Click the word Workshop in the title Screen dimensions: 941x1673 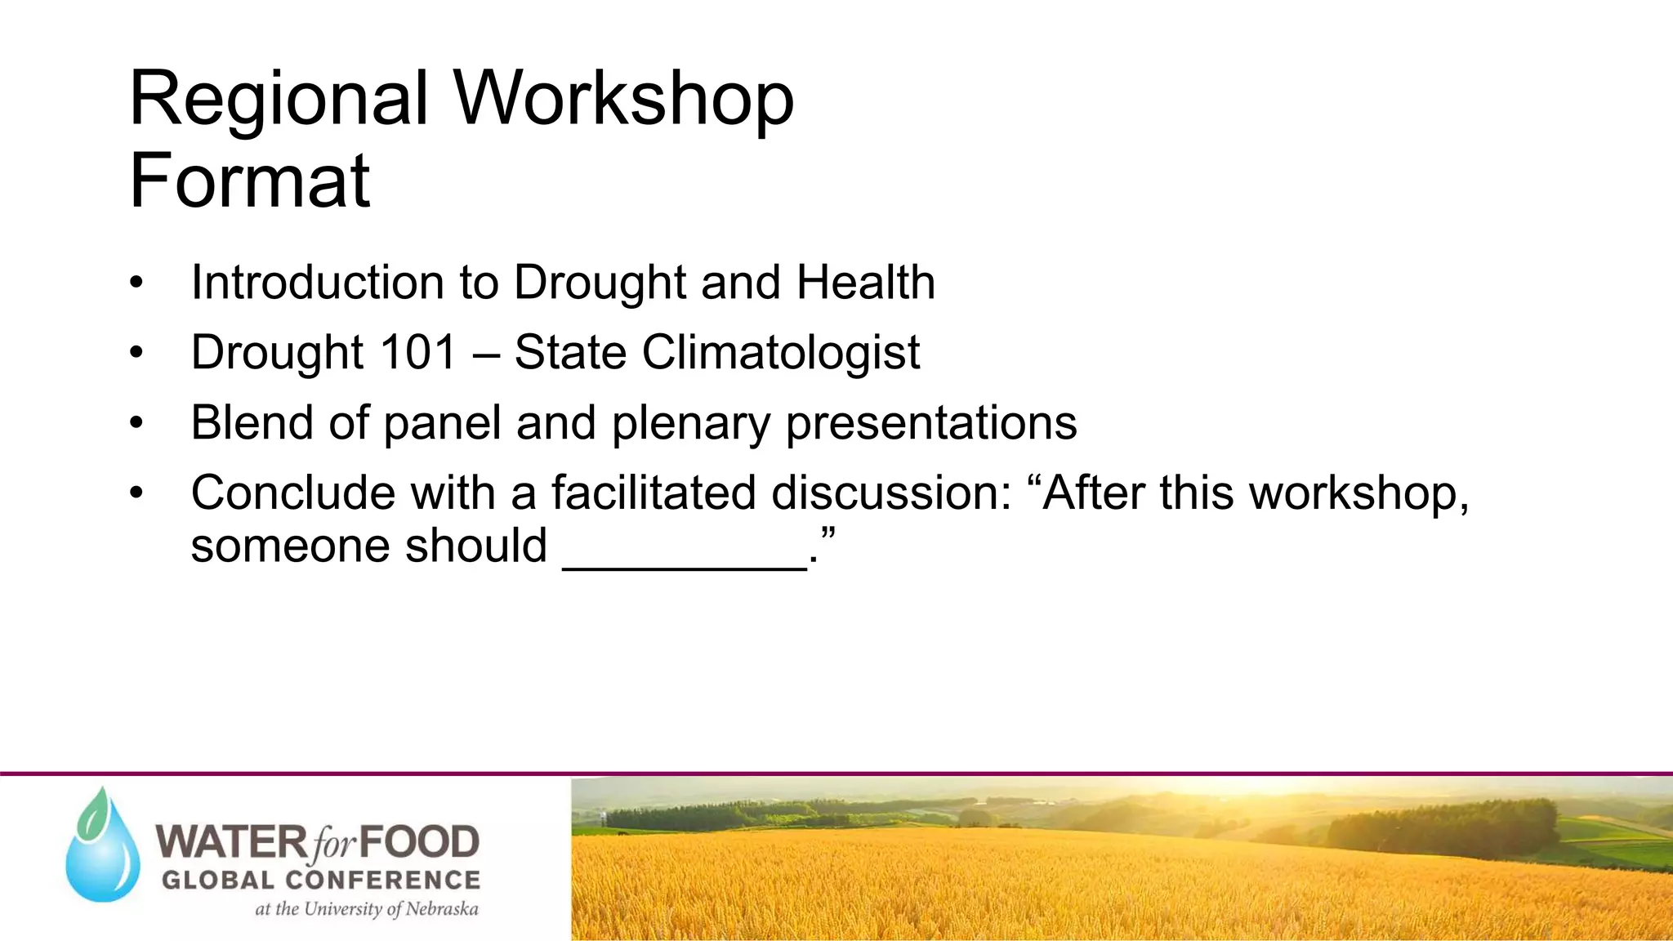pyautogui.click(x=623, y=99)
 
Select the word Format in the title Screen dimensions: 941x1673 pyautogui.click(x=250, y=181)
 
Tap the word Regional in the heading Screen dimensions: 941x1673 pyautogui.click(x=279, y=99)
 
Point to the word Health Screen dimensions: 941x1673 pyautogui.click(x=866, y=283)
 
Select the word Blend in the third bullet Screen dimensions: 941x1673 pyautogui.click(x=252, y=422)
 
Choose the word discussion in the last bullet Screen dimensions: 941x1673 pyautogui.click(x=891, y=493)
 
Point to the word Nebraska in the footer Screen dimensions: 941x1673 pyautogui.click(x=442, y=909)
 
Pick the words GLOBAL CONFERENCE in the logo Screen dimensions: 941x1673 pyautogui.click(x=321, y=880)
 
